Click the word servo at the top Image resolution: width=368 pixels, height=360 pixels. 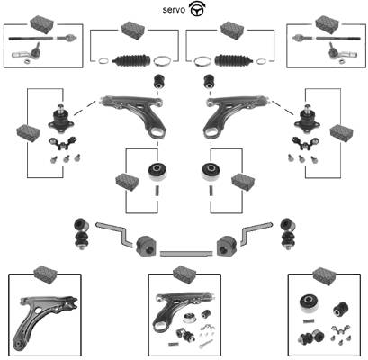pyautogui.click(x=174, y=10)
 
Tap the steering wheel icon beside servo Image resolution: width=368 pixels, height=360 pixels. pyautogui.click(x=196, y=9)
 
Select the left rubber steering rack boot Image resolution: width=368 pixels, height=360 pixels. pyautogui.click(x=131, y=60)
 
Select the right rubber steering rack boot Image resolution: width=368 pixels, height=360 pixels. pyautogui.click(x=234, y=60)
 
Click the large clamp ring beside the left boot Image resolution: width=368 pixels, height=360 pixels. pyautogui.click(x=162, y=61)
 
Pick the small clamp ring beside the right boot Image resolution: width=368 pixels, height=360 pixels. pyautogui.click(x=262, y=61)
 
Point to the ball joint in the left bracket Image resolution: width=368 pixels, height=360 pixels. pyautogui.click(x=61, y=119)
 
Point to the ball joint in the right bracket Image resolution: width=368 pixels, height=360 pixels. pyautogui.click(x=307, y=120)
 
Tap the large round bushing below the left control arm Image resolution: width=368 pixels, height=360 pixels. pyautogui.click(x=157, y=172)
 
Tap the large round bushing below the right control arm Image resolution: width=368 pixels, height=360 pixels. pyautogui.click(x=211, y=172)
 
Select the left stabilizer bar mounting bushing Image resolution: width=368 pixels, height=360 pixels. pyautogui.click(x=147, y=246)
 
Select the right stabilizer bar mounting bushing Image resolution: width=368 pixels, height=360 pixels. pyautogui.click(x=227, y=246)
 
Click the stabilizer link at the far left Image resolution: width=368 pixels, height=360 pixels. pyautogui.click(x=81, y=234)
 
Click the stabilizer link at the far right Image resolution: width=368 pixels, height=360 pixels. pyautogui.click(x=287, y=234)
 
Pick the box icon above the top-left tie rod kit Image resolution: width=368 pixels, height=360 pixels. pyautogui.click(x=42, y=24)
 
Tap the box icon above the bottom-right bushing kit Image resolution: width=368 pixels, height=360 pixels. pyautogui.click(x=324, y=275)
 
